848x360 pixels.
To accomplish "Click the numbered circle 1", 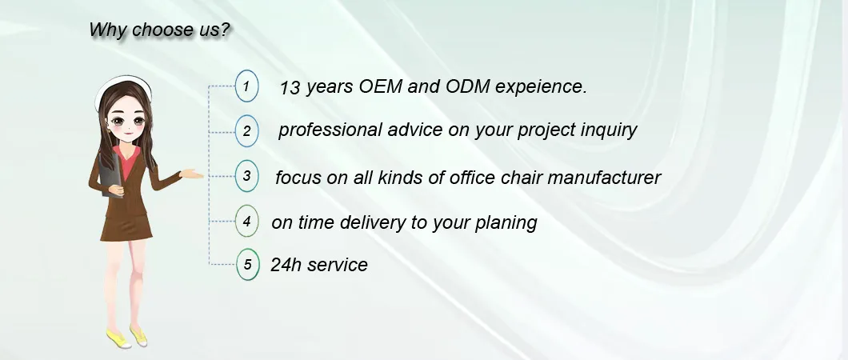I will coord(247,86).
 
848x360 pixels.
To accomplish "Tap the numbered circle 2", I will coord(247,131).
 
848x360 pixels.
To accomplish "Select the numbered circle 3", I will coord(247,176).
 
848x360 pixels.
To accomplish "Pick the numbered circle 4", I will coord(247,222).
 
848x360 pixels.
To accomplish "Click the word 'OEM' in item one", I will coord(378,87).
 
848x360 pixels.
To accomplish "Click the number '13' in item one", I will coord(290,88).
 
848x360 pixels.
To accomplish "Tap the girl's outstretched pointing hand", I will coord(193,174).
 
